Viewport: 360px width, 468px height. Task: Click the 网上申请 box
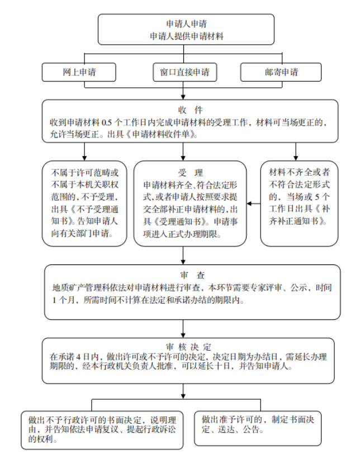click(x=79, y=72)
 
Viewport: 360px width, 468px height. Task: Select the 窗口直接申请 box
click(x=185, y=72)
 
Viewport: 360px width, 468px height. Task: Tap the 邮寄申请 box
click(x=281, y=72)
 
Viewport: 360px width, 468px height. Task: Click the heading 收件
click(x=190, y=110)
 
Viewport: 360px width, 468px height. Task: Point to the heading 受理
click(x=190, y=173)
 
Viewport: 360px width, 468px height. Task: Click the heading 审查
click(x=192, y=275)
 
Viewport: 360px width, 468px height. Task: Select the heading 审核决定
click(x=188, y=347)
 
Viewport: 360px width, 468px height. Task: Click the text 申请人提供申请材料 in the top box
click(x=186, y=36)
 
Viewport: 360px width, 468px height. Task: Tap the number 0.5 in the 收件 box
click(x=107, y=122)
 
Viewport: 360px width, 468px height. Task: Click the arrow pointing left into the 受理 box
click(x=253, y=204)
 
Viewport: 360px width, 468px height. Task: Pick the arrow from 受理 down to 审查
click(x=183, y=255)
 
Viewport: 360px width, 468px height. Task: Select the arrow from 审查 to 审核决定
click(x=183, y=329)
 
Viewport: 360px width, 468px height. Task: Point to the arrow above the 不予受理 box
click(x=84, y=152)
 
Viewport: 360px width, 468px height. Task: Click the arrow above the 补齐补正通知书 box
click(x=296, y=152)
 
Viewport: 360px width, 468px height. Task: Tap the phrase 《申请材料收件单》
click(x=161, y=134)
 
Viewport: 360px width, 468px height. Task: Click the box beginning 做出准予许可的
click(x=258, y=428)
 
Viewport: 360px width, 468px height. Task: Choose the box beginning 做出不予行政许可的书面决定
click(x=102, y=430)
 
